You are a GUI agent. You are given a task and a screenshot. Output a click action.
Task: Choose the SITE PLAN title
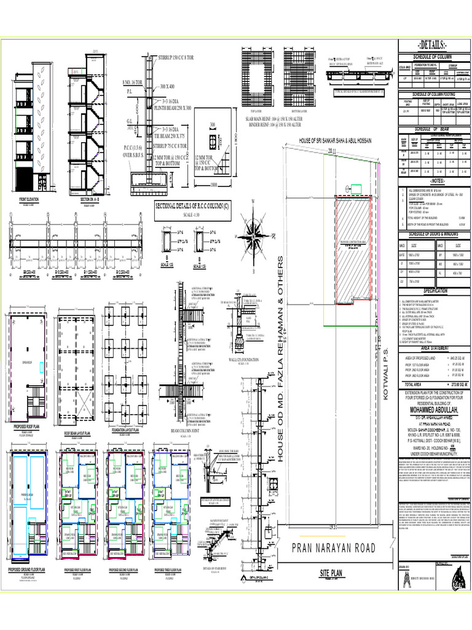coord(334,573)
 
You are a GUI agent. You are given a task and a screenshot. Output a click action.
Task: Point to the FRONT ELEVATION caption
coord(28,199)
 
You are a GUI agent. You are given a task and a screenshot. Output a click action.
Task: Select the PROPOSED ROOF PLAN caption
coord(28,425)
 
